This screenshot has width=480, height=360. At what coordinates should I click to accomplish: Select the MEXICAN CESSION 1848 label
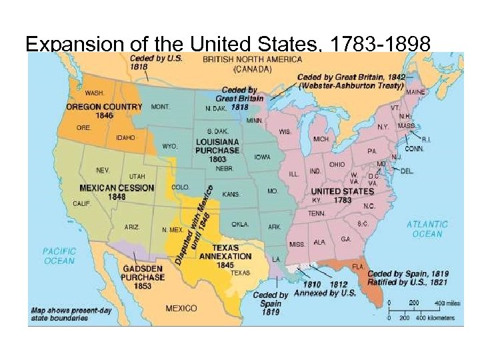coord(116,192)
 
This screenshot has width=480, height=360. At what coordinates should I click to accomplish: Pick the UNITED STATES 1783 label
coord(343,195)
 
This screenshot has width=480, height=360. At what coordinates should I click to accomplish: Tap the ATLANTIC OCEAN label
coord(427,229)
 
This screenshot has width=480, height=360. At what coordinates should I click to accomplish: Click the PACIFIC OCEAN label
coord(59,256)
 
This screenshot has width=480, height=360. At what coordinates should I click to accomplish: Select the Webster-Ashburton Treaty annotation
coord(351,81)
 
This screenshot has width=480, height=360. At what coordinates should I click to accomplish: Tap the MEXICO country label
coord(181,308)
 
